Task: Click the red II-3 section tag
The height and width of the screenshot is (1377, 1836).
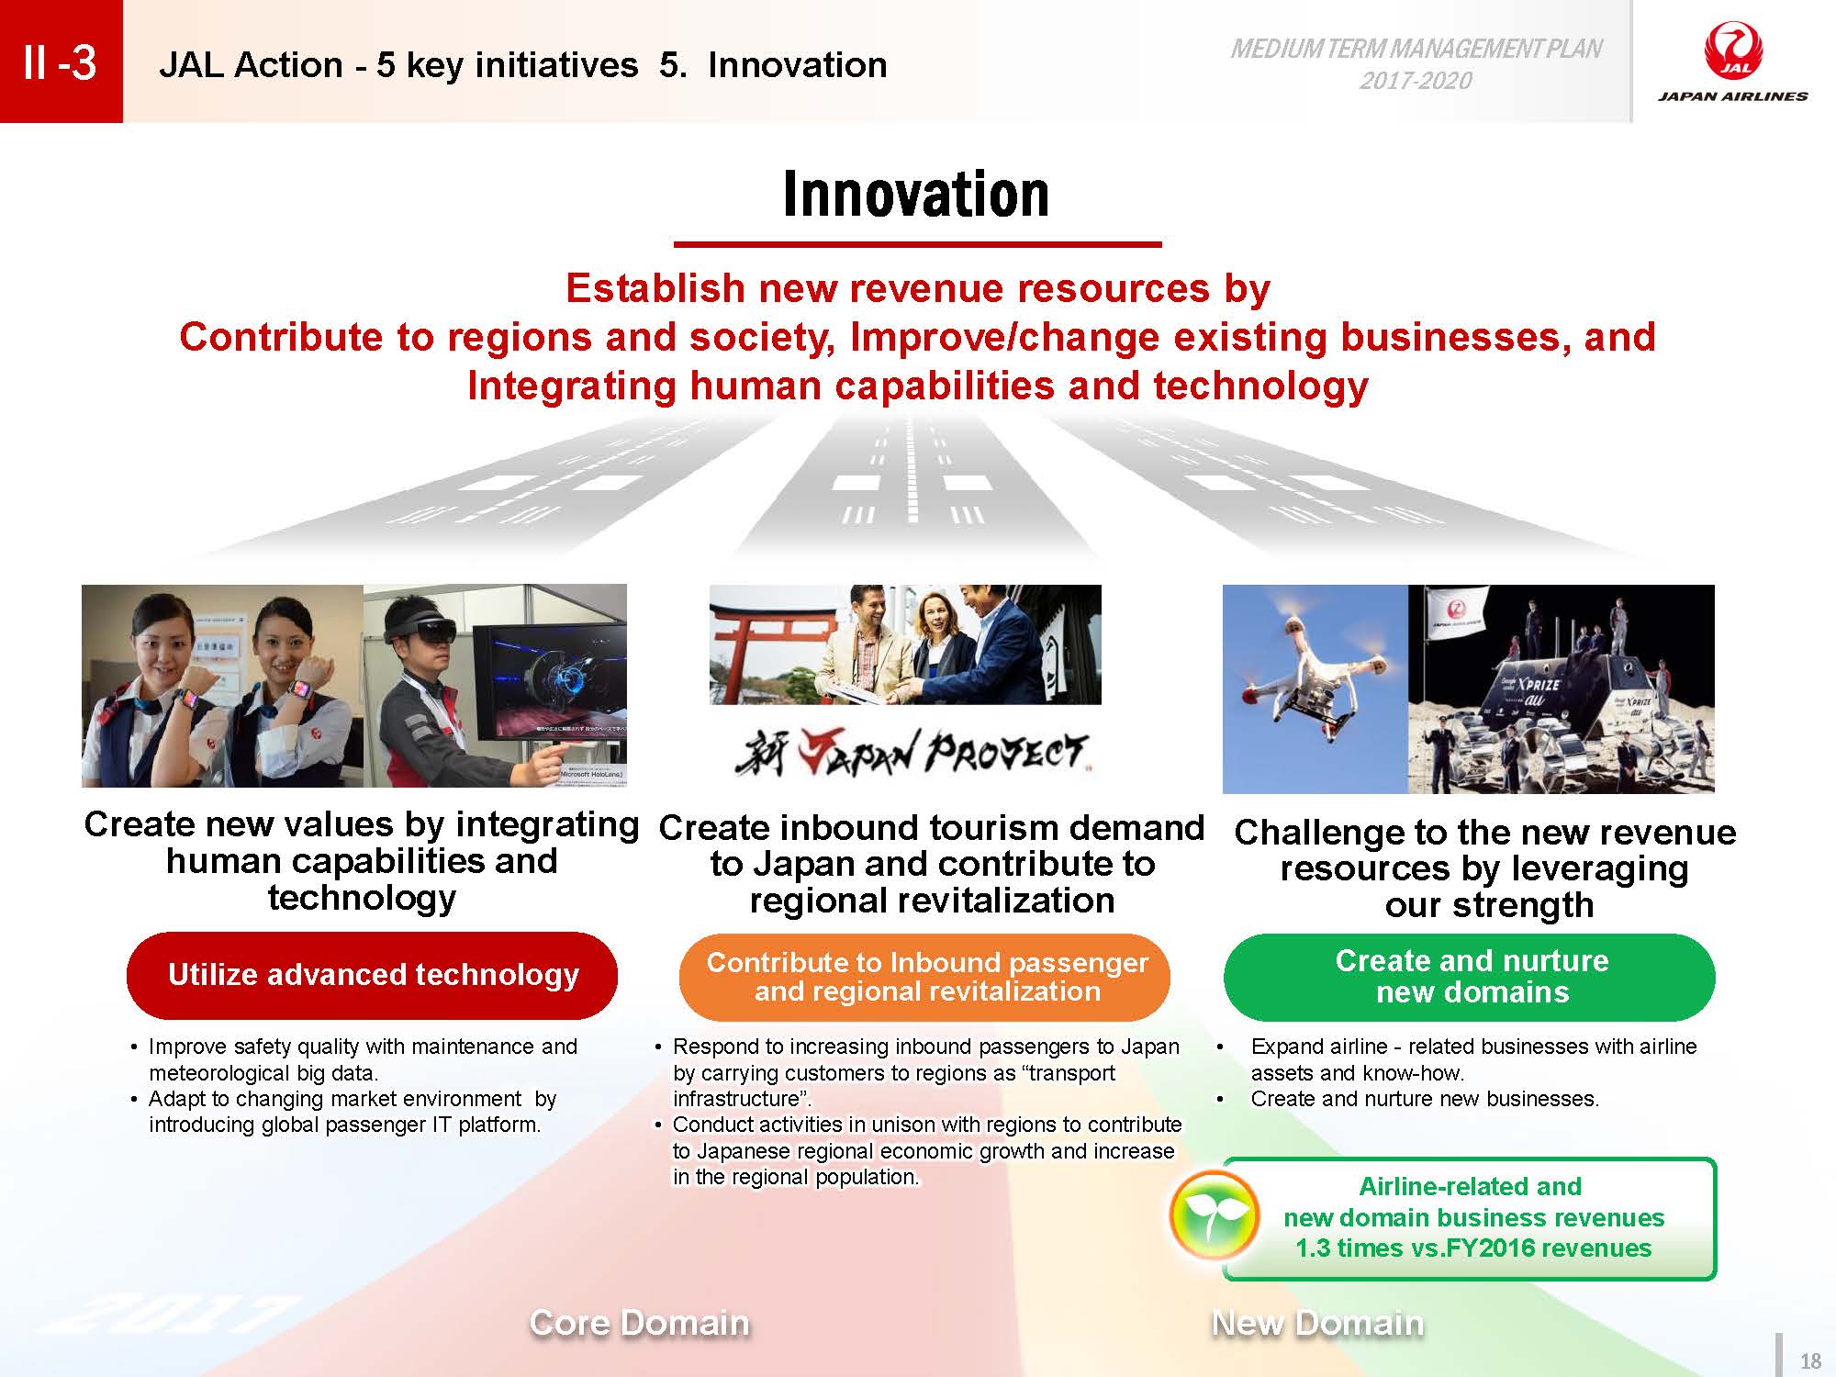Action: pyautogui.click(x=61, y=62)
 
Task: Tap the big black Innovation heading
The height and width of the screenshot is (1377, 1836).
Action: pyautogui.click(x=916, y=194)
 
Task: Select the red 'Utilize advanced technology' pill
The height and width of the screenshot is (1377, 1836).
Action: pyautogui.click(x=372, y=975)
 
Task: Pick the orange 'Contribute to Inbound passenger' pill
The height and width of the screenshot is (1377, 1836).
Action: pyautogui.click(x=925, y=977)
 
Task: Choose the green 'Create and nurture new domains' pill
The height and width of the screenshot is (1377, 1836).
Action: pyautogui.click(x=1470, y=977)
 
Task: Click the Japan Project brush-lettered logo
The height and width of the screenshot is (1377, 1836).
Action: pyautogui.click(x=911, y=753)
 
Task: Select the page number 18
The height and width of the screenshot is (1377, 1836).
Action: pyautogui.click(x=1810, y=1361)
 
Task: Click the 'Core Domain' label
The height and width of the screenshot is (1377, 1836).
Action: pyautogui.click(x=639, y=1323)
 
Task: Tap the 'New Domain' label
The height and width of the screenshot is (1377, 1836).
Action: pyautogui.click(x=1317, y=1323)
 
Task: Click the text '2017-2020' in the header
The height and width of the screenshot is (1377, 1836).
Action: pyautogui.click(x=1416, y=81)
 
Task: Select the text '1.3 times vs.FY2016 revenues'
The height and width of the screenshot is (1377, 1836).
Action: pyautogui.click(x=1473, y=1248)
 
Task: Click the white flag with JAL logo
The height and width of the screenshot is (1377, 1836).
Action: pyautogui.click(x=1461, y=618)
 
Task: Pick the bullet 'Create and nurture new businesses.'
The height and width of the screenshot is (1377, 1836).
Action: pyautogui.click(x=1425, y=1099)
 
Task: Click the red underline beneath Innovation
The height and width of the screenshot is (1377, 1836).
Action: pyautogui.click(x=918, y=244)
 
